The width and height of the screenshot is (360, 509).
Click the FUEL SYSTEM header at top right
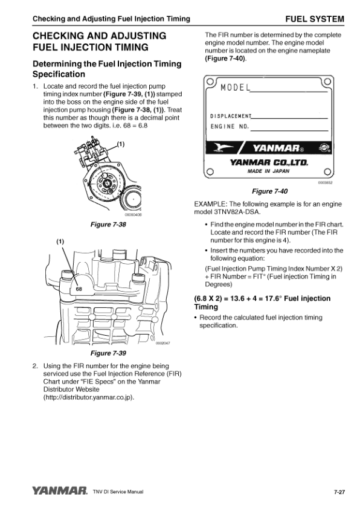click(315, 19)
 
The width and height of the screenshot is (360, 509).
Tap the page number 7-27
click(339, 492)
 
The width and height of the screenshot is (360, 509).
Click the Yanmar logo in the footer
click(60, 490)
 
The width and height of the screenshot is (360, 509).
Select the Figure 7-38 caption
click(108, 225)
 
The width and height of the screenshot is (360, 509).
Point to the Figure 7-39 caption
click(108, 353)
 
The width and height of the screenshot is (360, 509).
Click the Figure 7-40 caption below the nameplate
click(270, 191)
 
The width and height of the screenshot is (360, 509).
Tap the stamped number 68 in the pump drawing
click(79, 289)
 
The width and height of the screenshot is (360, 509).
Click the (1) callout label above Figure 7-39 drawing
click(60, 242)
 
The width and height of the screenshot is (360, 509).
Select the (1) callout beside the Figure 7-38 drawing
click(120, 144)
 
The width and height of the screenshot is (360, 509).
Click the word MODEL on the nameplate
click(236, 88)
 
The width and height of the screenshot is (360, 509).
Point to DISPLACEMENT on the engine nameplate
click(231, 116)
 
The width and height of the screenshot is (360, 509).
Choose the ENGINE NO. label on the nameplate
click(230, 126)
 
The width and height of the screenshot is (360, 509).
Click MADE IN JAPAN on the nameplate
click(268, 171)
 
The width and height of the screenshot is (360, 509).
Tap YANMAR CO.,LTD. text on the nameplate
click(269, 162)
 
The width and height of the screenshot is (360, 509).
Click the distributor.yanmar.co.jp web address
click(89, 397)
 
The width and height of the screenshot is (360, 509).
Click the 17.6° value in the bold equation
click(272, 298)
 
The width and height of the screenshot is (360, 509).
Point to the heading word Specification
click(59, 74)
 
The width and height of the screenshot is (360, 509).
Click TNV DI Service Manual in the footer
click(118, 492)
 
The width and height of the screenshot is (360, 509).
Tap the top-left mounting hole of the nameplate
click(210, 80)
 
